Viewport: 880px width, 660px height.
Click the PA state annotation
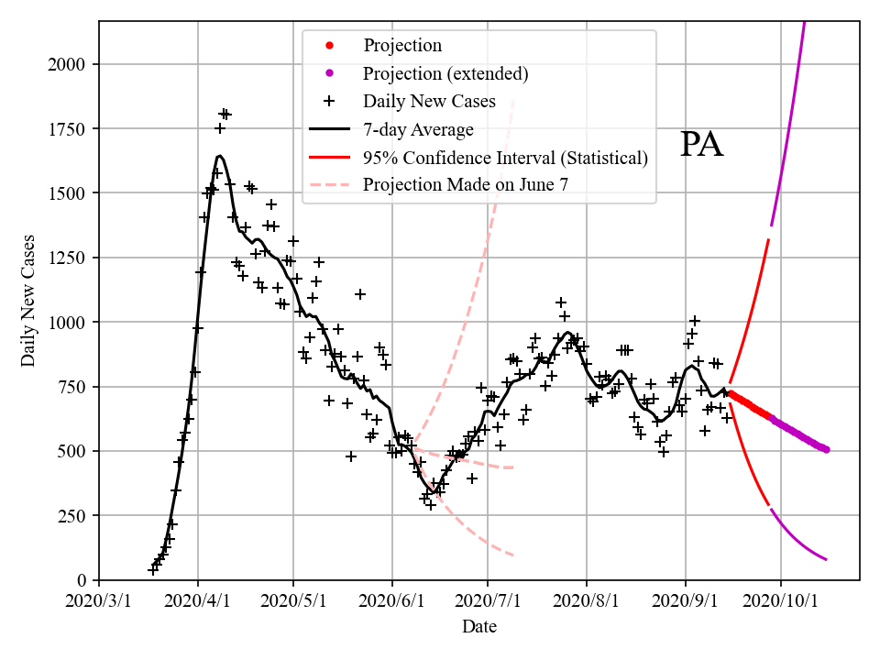pyautogui.click(x=702, y=145)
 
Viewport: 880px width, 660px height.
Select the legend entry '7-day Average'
pyautogui.click(x=418, y=129)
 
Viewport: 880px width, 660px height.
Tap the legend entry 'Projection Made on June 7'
pyautogui.click(x=466, y=184)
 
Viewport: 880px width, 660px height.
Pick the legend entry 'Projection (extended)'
pyautogui.click(x=445, y=73)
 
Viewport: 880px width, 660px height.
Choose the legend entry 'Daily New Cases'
pyautogui.click(x=429, y=101)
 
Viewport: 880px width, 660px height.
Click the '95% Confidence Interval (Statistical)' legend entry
pyautogui.click(x=505, y=157)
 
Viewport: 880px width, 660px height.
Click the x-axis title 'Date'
pyautogui.click(x=479, y=627)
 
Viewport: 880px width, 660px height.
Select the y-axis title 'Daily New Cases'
pyautogui.click(x=28, y=302)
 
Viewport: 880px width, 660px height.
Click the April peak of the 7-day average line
pyautogui.click(x=220, y=156)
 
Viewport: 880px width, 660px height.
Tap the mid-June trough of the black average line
pyautogui.click(x=432, y=493)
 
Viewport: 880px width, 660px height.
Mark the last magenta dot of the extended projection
pyautogui.click(x=826, y=449)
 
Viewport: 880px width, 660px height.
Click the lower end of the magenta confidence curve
pyautogui.click(x=826, y=559)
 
